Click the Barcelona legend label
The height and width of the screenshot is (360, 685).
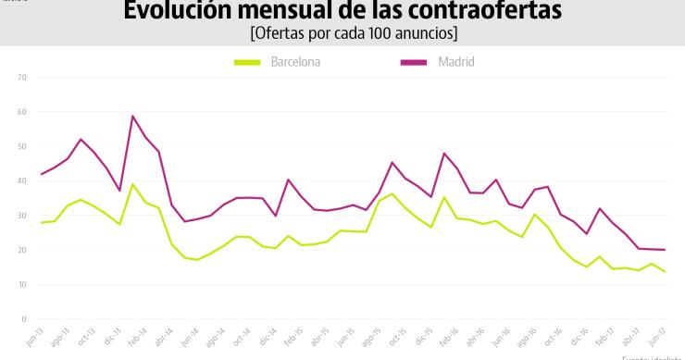tap(296, 62)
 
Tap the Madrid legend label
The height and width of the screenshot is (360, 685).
tap(443, 62)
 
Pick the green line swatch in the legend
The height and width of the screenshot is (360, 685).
tap(246, 62)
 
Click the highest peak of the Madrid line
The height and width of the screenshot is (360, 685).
tap(133, 116)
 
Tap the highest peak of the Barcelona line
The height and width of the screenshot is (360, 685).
tap(133, 184)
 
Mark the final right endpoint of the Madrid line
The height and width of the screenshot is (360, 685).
tap(665, 250)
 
